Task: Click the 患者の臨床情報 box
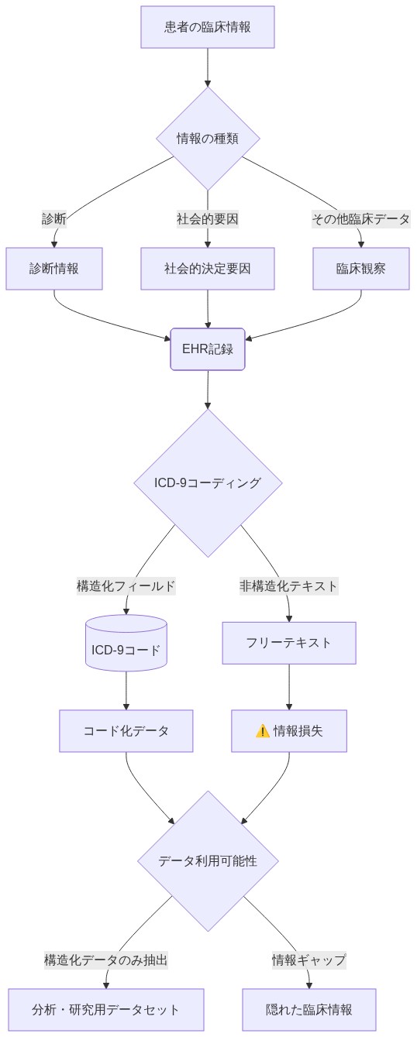pyautogui.click(x=208, y=27)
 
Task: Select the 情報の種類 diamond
pyautogui.click(x=208, y=139)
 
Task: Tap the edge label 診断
pyautogui.click(x=54, y=219)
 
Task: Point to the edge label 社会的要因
pyautogui.click(x=208, y=219)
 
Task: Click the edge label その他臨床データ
pyautogui.click(x=360, y=219)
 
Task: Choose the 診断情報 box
pyautogui.click(x=54, y=269)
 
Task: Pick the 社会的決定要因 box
pyautogui.click(x=208, y=269)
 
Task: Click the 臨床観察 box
pyautogui.click(x=360, y=269)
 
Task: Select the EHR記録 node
pyautogui.click(x=208, y=349)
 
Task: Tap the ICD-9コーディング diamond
pyautogui.click(x=208, y=482)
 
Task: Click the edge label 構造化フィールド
pyautogui.click(x=126, y=586)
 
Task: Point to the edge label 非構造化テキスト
pyautogui.click(x=289, y=586)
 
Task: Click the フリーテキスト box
pyautogui.click(x=289, y=643)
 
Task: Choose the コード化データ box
pyautogui.click(x=126, y=731)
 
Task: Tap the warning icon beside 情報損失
pyautogui.click(x=262, y=731)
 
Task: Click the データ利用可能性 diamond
pyautogui.click(x=208, y=860)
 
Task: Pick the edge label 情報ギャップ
pyautogui.click(x=308, y=960)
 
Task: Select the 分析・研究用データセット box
pyautogui.click(x=106, y=1010)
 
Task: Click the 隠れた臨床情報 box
pyautogui.click(x=308, y=1010)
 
